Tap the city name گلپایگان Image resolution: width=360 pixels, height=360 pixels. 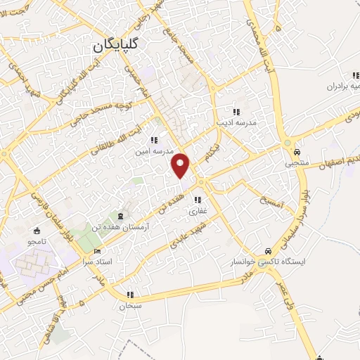tap(117, 46)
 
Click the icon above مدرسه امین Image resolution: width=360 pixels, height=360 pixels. tap(153, 140)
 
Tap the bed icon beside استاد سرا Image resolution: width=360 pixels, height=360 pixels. tap(97, 250)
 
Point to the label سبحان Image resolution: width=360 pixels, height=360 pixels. tap(130, 306)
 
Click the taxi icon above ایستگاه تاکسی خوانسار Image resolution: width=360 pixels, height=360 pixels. tap(268, 250)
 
